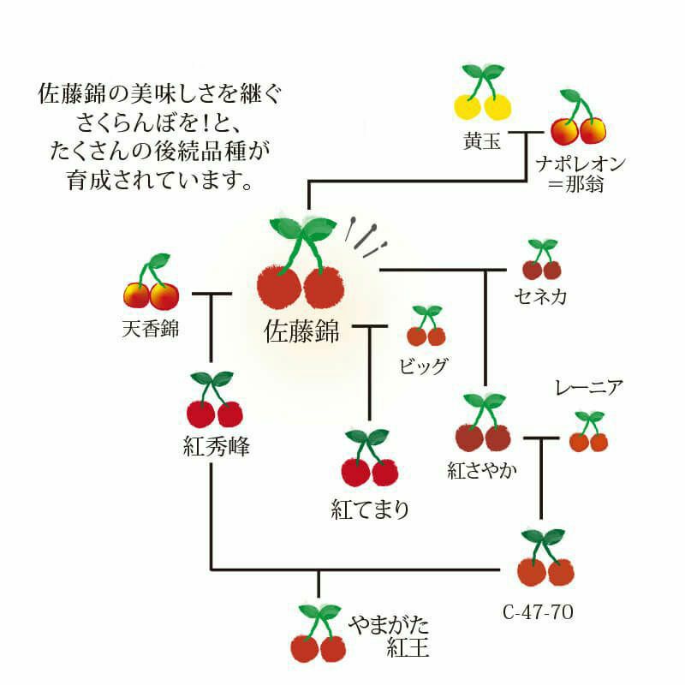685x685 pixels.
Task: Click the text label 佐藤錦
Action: (x=301, y=331)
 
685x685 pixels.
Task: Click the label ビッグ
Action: (x=423, y=366)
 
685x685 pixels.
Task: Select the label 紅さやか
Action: (x=482, y=470)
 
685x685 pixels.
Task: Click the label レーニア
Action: (x=588, y=388)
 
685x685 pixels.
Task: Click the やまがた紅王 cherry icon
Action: (x=318, y=634)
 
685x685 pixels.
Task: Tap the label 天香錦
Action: (x=151, y=329)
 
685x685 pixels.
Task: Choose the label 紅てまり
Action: (x=370, y=509)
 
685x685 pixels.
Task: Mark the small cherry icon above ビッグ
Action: (x=426, y=325)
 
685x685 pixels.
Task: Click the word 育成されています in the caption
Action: (x=158, y=182)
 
